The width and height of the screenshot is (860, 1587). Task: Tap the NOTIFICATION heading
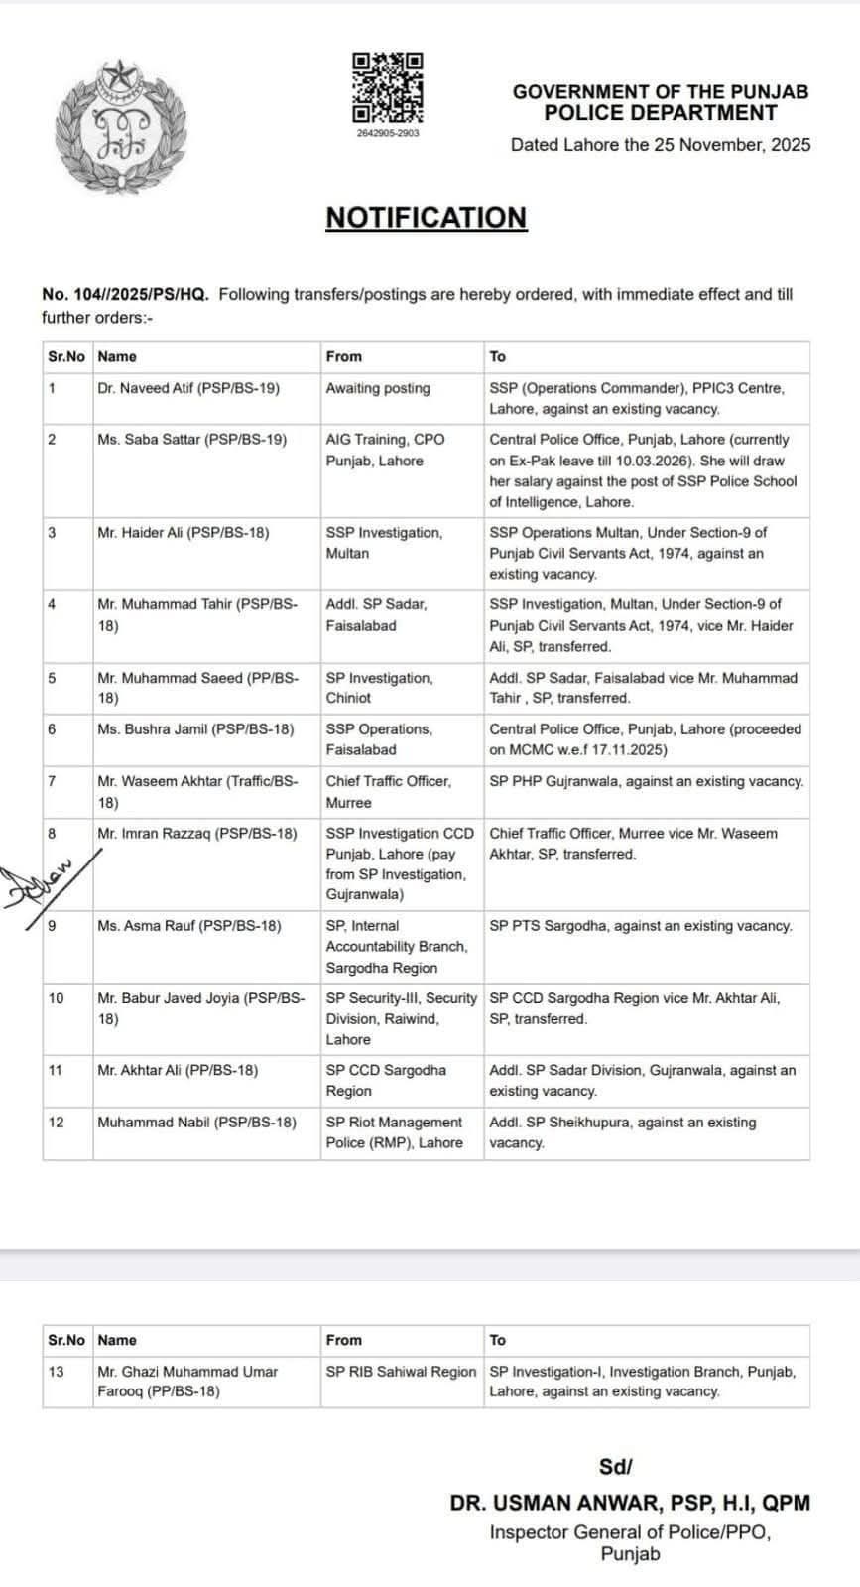point(426,218)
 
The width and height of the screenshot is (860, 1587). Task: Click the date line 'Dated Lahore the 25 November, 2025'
point(660,145)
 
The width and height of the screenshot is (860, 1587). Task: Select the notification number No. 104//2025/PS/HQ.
point(125,295)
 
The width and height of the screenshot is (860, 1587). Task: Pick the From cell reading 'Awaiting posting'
point(378,389)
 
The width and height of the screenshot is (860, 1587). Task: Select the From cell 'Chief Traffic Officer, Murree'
point(389,791)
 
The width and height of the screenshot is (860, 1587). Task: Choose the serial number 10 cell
point(56,998)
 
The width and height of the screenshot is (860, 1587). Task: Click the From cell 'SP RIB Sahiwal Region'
point(401,1372)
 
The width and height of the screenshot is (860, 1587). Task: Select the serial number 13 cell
point(56,1372)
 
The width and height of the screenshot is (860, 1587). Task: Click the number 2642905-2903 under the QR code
point(388,132)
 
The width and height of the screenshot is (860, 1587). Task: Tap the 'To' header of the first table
point(498,357)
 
